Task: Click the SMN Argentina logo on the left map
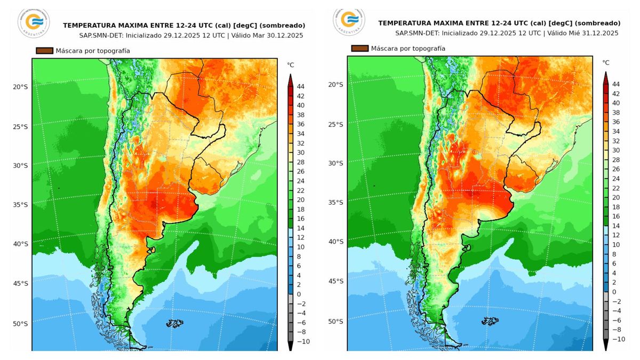point(33,22)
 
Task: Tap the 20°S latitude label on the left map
point(20,87)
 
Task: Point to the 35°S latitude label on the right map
point(335,203)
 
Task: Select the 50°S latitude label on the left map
point(20,324)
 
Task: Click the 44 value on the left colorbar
point(300,86)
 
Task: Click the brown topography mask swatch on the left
point(44,51)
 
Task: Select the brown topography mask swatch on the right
point(359,48)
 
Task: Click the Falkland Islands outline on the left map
point(174,323)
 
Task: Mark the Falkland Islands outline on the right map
point(490,321)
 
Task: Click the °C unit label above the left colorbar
point(291,65)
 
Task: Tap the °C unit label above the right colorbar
point(606,62)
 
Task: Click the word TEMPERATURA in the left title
point(86,25)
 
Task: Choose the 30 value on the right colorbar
point(616,150)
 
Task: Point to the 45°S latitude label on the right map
point(335,281)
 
